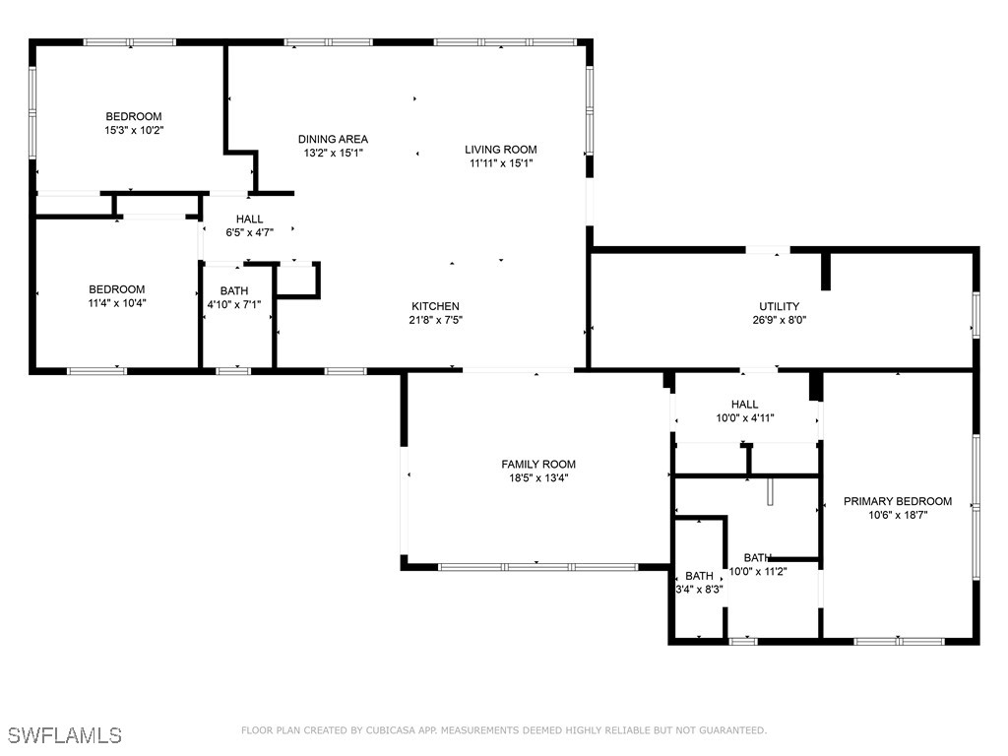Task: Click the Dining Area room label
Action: (333, 139)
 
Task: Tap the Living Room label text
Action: (501, 150)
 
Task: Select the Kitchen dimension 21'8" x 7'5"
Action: (435, 320)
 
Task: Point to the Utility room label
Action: (779, 306)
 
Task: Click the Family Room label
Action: (538, 465)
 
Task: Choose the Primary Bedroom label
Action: (898, 501)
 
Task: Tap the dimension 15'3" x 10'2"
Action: (134, 130)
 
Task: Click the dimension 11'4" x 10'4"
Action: (117, 303)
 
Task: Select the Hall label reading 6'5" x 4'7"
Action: (249, 232)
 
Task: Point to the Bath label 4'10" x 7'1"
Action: (234, 305)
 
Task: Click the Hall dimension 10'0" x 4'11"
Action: (745, 418)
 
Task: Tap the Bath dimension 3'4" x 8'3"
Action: (700, 590)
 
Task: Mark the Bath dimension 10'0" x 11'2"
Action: (758, 571)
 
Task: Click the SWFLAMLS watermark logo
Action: (64, 735)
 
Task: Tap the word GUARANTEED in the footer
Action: (731, 730)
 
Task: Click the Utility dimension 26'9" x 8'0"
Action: (779, 320)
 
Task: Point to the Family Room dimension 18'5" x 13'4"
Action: (538, 478)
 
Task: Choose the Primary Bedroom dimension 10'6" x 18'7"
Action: (898, 515)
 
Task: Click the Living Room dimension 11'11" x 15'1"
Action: (501, 163)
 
